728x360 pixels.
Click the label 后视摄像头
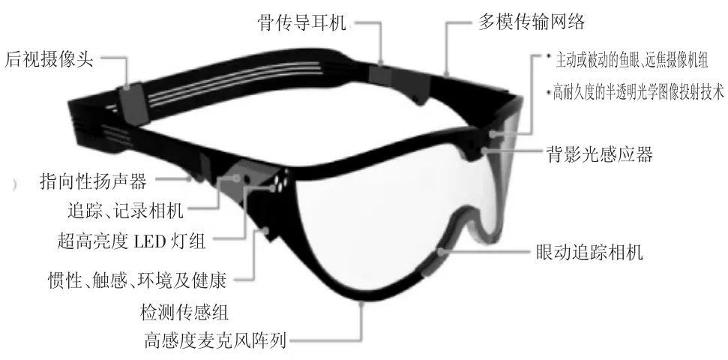(49, 58)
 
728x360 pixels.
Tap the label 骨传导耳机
(299, 22)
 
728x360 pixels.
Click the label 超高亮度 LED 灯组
(134, 241)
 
